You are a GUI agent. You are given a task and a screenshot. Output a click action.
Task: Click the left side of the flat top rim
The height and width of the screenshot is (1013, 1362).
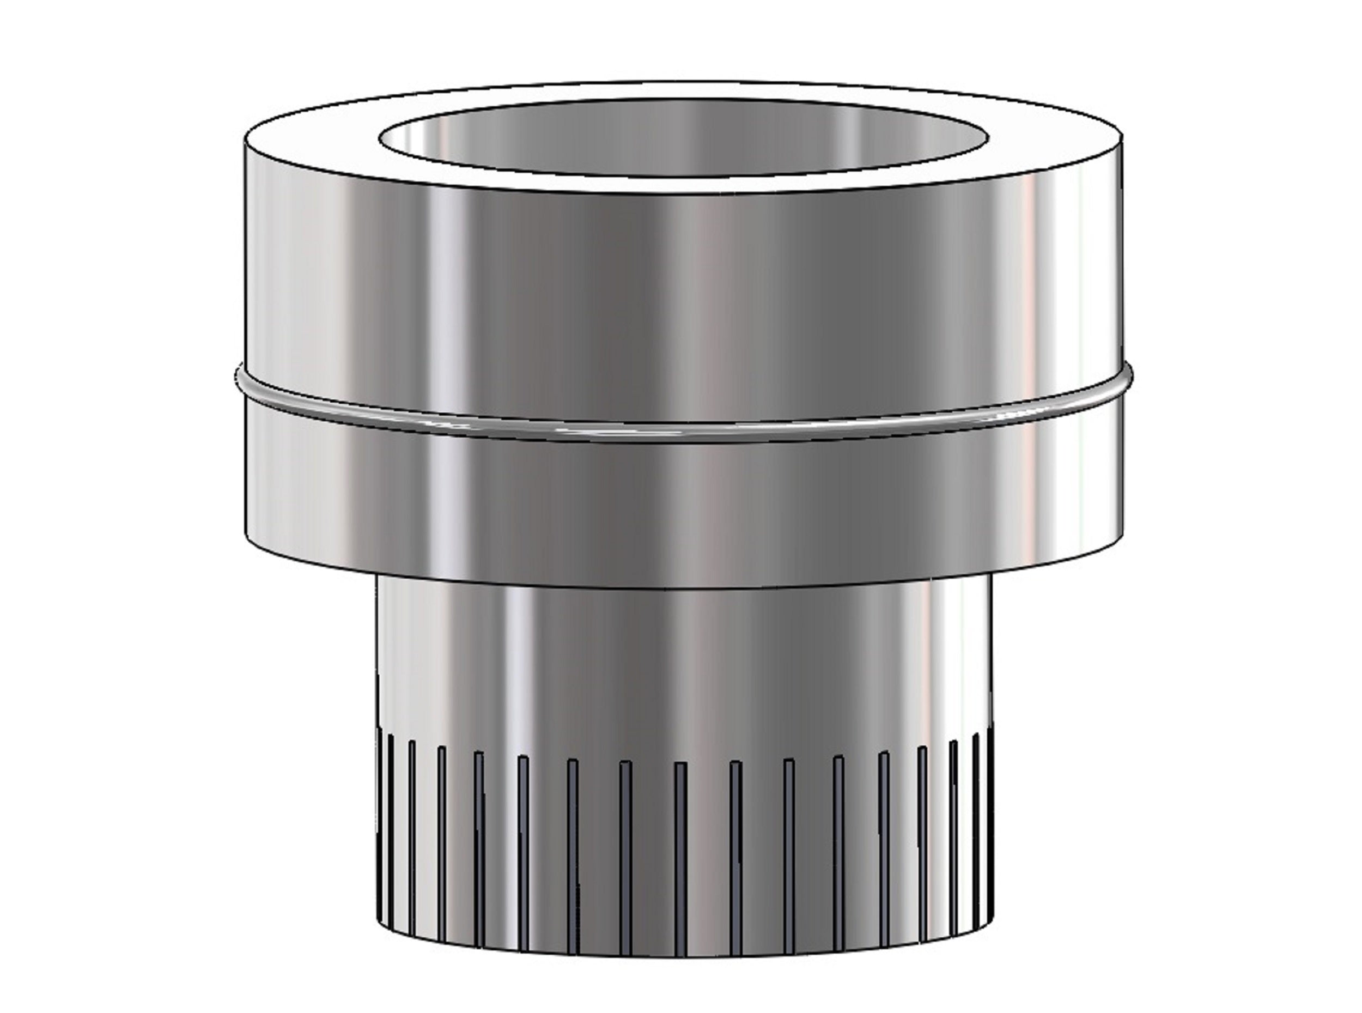(x=313, y=141)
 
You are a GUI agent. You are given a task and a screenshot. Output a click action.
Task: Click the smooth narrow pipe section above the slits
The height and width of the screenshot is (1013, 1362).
(x=680, y=662)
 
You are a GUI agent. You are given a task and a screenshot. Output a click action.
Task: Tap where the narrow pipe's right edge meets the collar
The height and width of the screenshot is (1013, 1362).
(x=989, y=577)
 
